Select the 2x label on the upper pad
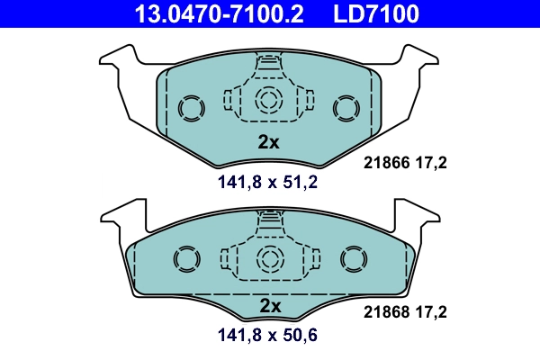[269, 142]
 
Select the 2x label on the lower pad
[269, 306]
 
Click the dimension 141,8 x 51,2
[268, 183]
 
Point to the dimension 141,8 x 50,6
[268, 337]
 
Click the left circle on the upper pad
[191, 109]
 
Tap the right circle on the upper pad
[346, 109]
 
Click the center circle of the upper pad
[268, 100]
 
